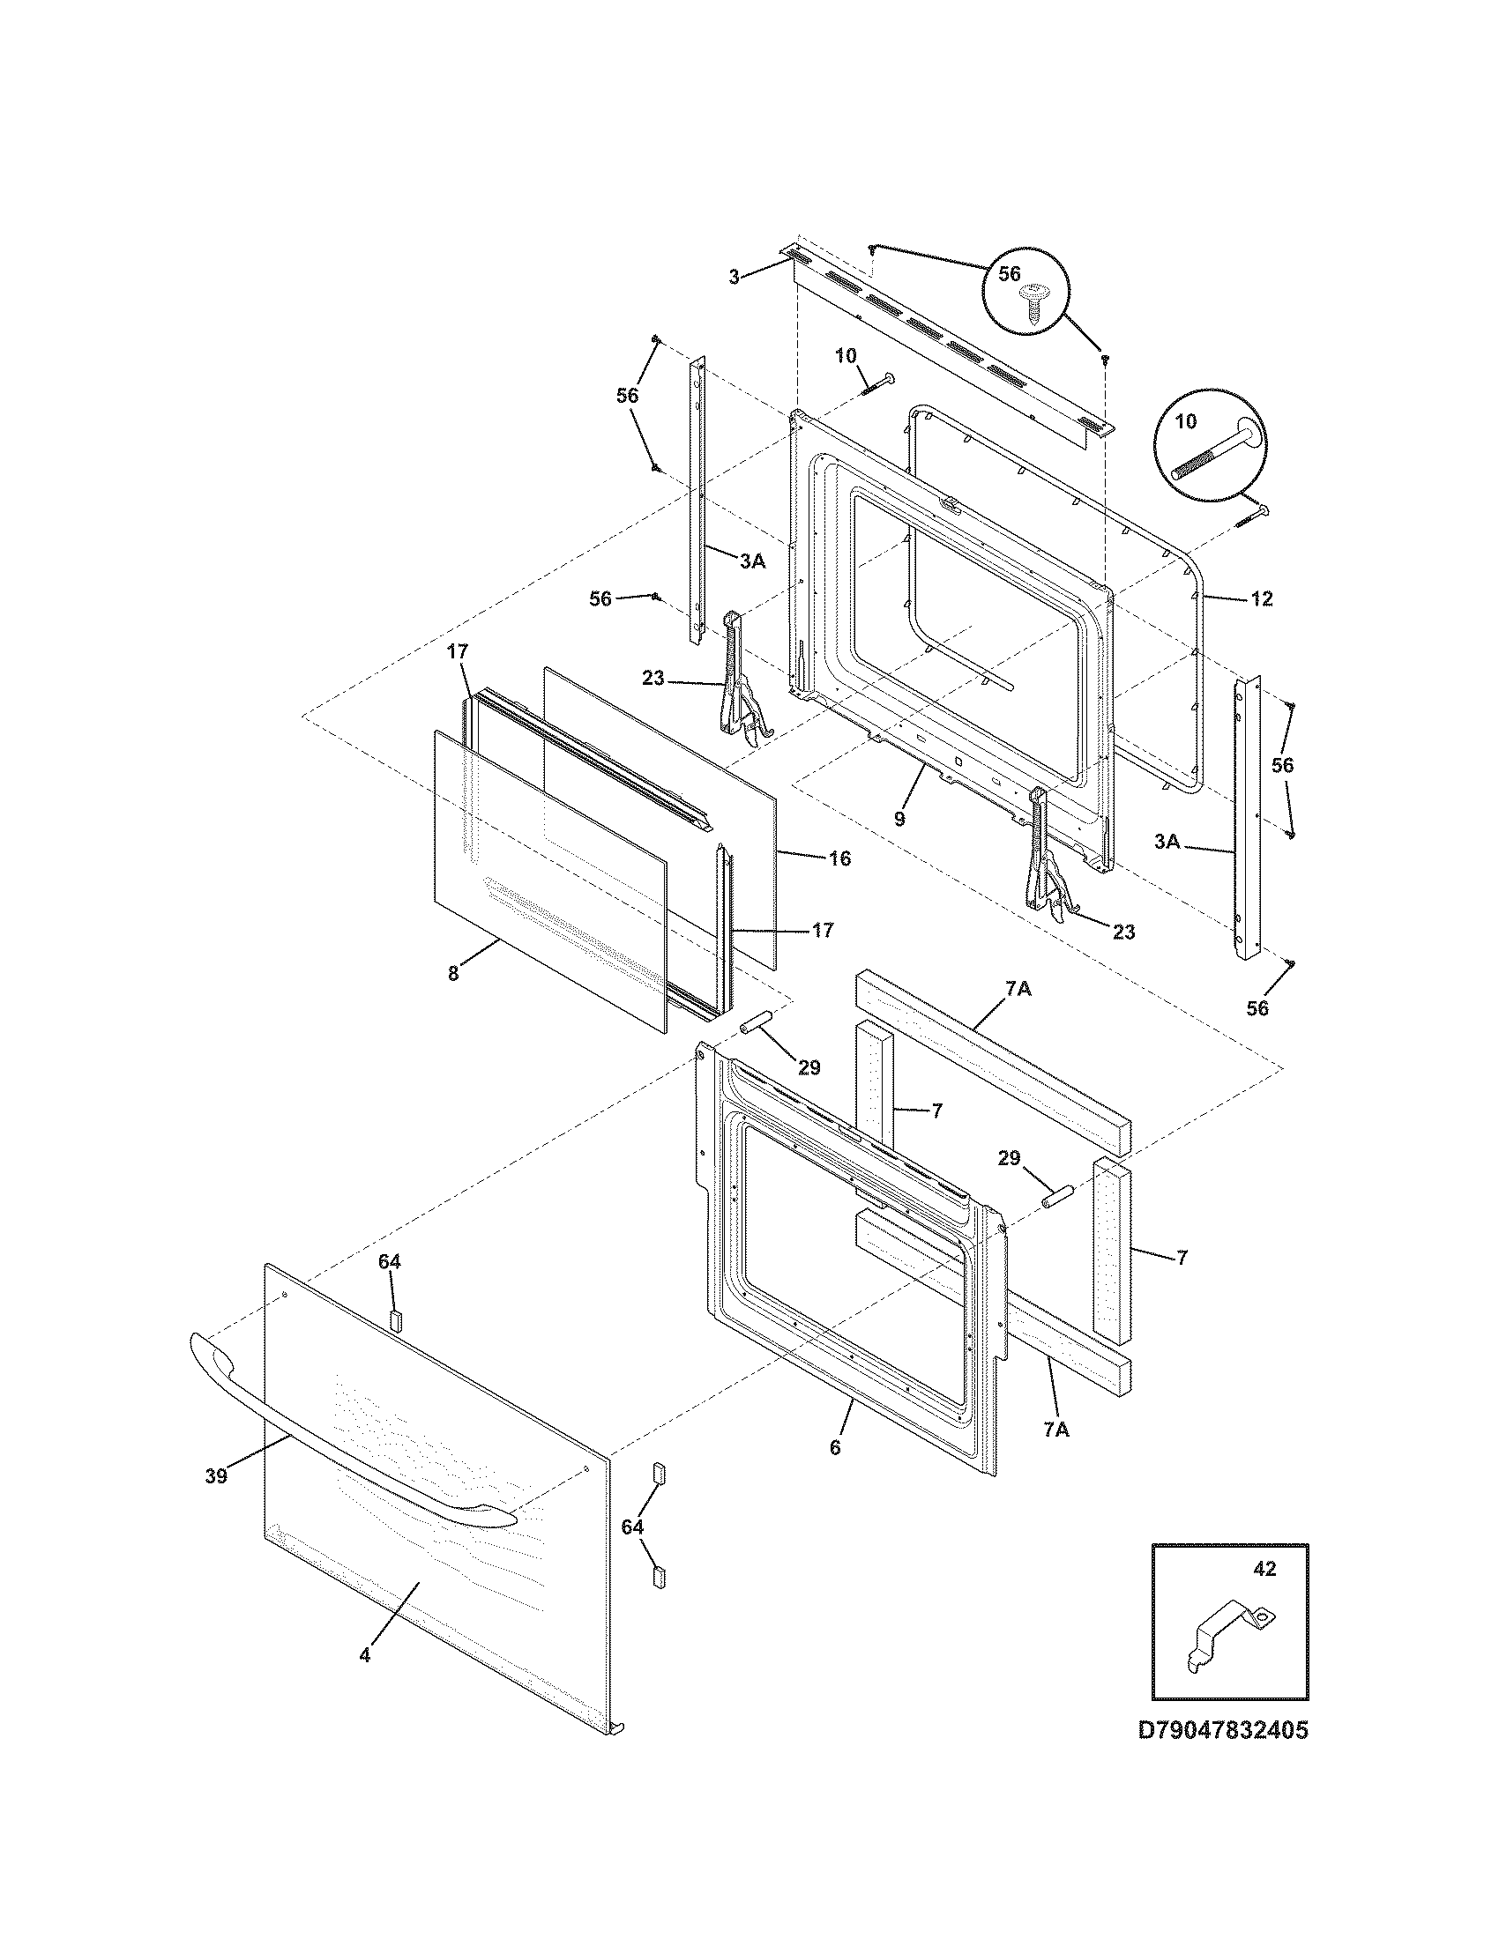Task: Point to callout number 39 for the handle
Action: click(216, 1475)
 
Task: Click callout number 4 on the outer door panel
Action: click(365, 1655)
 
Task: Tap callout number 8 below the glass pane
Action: click(453, 973)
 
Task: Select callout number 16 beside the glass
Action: click(839, 858)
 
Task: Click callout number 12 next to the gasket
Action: click(1261, 598)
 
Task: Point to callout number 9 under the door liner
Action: click(899, 818)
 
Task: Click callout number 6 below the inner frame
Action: click(835, 1447)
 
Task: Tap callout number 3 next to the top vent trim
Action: click(734, 277)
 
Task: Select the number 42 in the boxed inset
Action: click(1264, 1569)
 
